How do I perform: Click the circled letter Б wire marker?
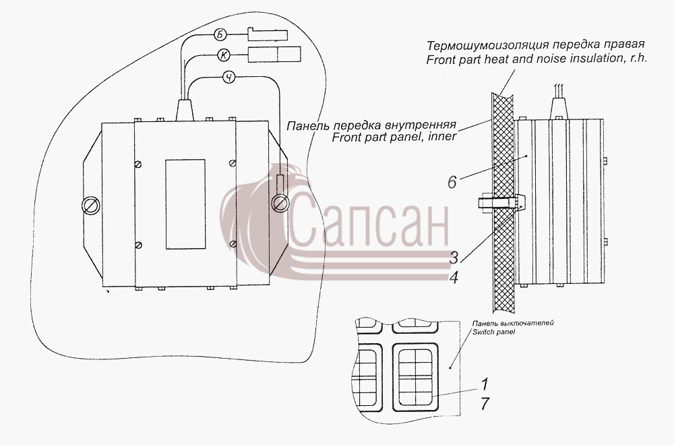click(220, 35)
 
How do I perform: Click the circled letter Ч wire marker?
click(230, 78)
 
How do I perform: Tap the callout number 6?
click(452, 182)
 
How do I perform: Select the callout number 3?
click(454, 258)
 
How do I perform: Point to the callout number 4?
click(454, 278)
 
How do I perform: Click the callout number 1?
click(485, 384)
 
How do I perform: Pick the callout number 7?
click(485, 404)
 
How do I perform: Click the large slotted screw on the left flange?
click(91, 206)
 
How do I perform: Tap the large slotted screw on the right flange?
click(280, 204)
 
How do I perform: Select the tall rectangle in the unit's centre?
click(185, 204)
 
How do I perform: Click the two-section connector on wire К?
click(274, 54)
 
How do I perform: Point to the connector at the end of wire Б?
click(268, 34)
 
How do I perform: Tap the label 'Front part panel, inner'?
click(394, 138)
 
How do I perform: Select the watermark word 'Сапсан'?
click(369, 220)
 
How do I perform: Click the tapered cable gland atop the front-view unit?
click(185, 110)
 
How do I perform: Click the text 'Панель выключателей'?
click(513, 323)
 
